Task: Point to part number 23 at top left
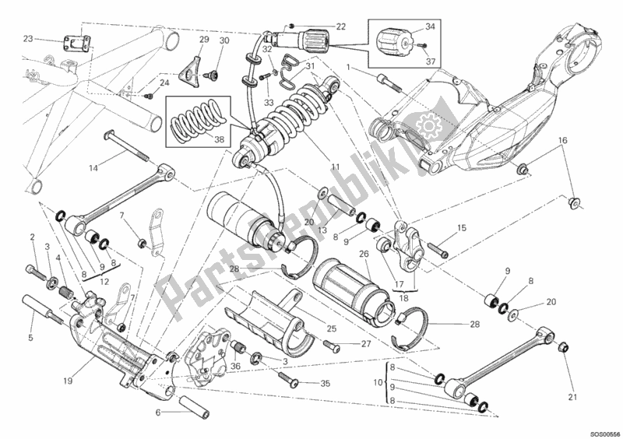point(28,38)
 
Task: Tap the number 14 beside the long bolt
point(93,168)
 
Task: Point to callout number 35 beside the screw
point(326,383)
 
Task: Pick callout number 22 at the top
point(341,26)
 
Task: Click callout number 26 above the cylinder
point(363,253)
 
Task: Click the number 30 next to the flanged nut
point(224,40)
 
